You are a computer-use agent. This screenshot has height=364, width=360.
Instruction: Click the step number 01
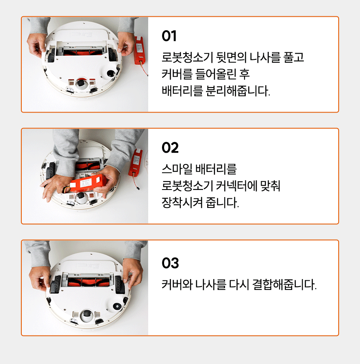click(x=169, y=36)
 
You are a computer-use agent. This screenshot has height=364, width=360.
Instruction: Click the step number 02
click(x=170, y=148)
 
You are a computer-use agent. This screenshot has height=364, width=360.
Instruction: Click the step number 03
click(x=170, y=263)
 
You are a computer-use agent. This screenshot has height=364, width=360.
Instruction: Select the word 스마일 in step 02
click(x=177, y=169)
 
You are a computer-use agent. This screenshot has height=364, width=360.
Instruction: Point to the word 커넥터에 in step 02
click(x=237, y=186)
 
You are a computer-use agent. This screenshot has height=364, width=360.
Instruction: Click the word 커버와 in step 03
click(x=177, y=285)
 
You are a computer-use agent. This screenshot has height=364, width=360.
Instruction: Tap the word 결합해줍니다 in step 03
click(x=284, y=285)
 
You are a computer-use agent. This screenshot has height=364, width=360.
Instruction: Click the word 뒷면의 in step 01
click(x=231, y=57)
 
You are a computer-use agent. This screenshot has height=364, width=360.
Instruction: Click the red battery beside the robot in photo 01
click(x=140, y=50)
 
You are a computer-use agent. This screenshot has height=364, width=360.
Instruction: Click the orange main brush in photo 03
click(x=88, y=282)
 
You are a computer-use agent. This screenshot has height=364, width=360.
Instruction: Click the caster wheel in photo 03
click(x=86, y=315)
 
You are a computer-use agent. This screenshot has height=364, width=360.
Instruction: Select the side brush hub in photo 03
click(x=117, y=306)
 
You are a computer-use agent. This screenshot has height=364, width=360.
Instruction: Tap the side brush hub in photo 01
click(x=111, y=74)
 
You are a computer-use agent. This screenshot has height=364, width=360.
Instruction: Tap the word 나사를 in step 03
click(x=211, y=285)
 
